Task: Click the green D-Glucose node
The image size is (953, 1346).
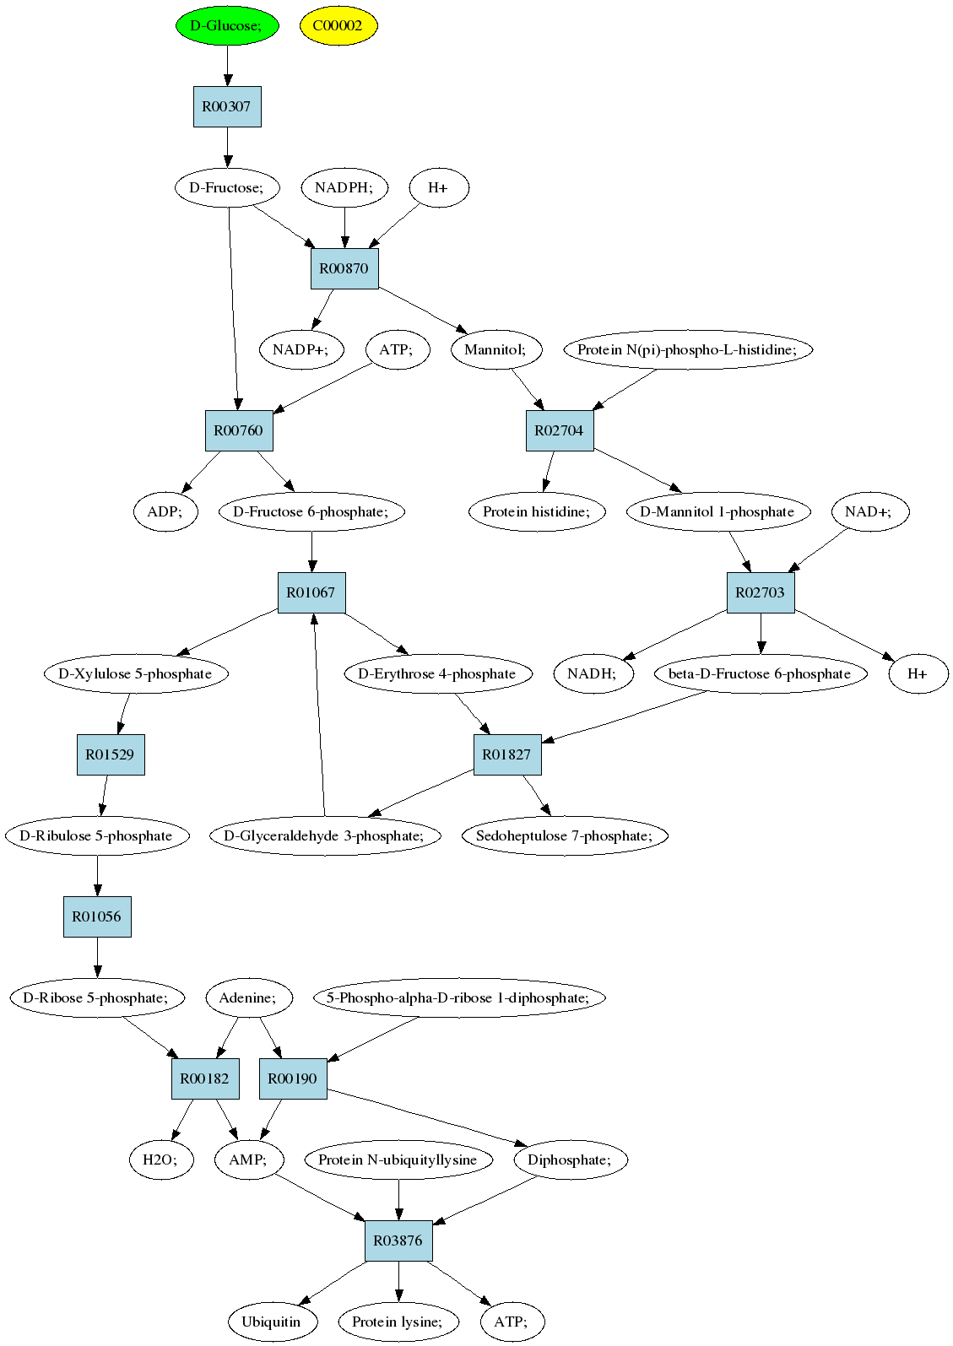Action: coord(227,26)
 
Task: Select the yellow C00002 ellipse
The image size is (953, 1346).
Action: coord(338,26)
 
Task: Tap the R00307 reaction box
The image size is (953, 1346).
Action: coord(227,106)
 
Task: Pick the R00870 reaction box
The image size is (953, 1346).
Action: coord(344,268)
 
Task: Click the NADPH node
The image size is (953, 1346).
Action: coord(344,187)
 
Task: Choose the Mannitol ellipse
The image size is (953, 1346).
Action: coord(495,349)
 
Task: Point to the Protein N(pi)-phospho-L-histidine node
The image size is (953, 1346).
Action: coord(687,349)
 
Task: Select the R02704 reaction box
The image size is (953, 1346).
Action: coord(560,430)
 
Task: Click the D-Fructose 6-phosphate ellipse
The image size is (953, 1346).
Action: coord(311,511)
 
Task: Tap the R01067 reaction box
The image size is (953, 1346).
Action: coord(311,592)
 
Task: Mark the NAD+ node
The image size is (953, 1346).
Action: coord(869,511)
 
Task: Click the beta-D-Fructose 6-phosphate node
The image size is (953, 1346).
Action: coord(760,673)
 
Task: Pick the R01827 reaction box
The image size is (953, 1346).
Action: coord(507,754)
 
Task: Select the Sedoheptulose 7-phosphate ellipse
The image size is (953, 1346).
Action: coord(565,835)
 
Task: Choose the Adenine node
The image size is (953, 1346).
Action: coord(249,997)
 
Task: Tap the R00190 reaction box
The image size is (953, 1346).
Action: coord(293,1078)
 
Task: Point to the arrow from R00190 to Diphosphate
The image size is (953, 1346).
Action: coord(427,1117)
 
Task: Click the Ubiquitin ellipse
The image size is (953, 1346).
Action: coord(272,1322)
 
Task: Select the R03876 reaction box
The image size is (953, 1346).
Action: coord(398,1241)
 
